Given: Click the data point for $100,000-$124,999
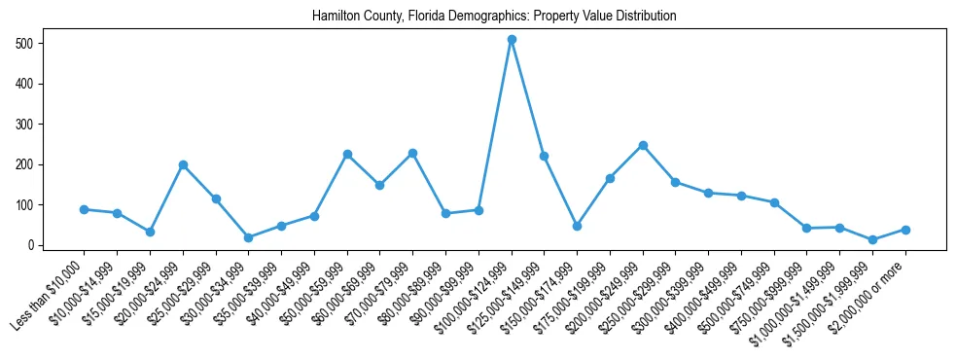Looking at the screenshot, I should point(512,40).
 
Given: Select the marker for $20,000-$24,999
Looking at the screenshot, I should point(183,165).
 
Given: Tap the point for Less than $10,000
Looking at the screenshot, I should point(85,209).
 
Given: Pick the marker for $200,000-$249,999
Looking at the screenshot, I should point(643,145).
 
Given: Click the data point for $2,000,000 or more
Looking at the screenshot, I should point(905,230).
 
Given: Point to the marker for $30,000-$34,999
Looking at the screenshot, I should point(248,237).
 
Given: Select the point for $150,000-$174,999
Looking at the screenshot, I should point(577,226).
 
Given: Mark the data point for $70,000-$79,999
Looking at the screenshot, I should point(412,153).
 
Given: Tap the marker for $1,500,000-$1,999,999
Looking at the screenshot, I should point(872,239).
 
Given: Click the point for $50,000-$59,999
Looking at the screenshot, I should point(347,154).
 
